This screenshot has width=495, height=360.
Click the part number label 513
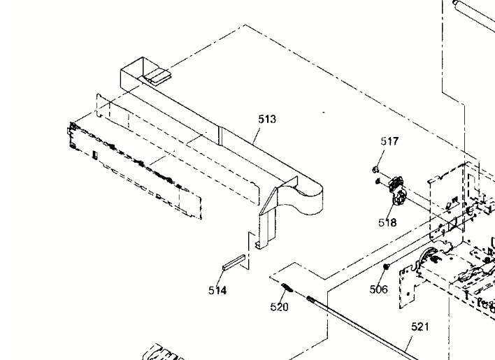pos(267,120)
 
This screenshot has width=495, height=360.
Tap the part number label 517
pos(389,141)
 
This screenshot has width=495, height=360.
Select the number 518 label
pos(387,223)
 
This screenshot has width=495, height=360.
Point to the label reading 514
pos(217,291)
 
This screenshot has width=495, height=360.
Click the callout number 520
pos(280,307)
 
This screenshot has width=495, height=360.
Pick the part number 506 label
pos(378,289)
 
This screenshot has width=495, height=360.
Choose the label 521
pos(420,326)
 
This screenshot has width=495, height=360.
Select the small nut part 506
pos(385,268)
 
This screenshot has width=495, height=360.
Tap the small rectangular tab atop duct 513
pos(157,75)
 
